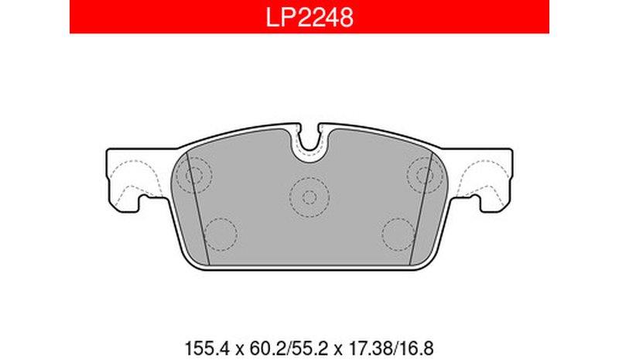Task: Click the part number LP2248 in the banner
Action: [309, 17]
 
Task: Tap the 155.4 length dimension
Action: [207, 349]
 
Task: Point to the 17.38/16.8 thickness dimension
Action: [391, 349]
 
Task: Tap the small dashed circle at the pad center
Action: [309, 197]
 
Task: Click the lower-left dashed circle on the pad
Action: [221, 235]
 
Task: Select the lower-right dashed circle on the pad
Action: [398, 235]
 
